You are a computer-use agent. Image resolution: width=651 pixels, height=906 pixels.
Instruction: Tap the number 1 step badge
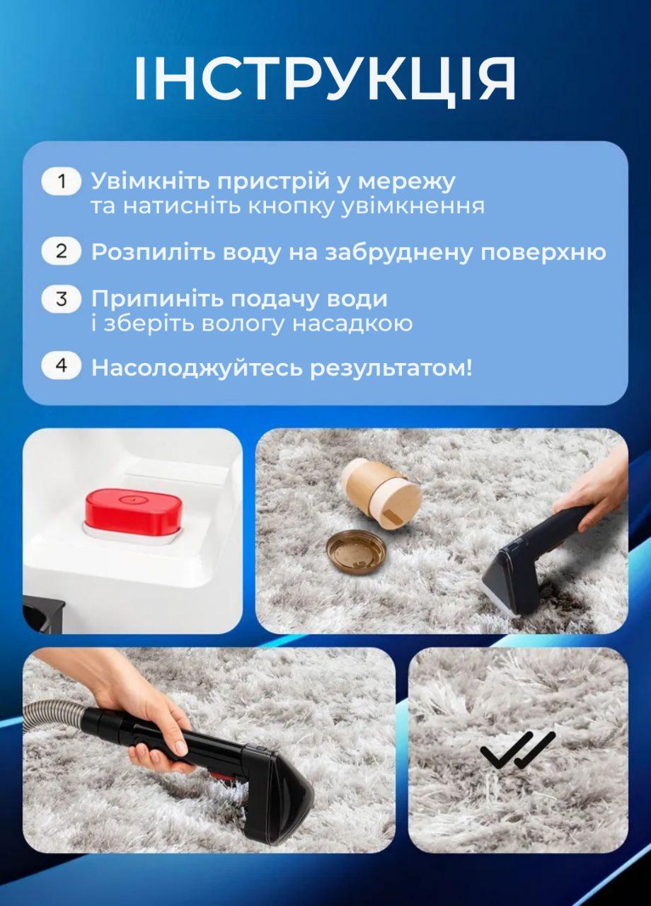tap(62, 181)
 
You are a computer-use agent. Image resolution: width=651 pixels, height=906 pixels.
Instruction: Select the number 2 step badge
tap(62, 251)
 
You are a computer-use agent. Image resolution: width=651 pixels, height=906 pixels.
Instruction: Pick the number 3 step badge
tap(62, 299)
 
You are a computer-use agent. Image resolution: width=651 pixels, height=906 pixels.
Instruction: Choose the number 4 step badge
tap(62, 366)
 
